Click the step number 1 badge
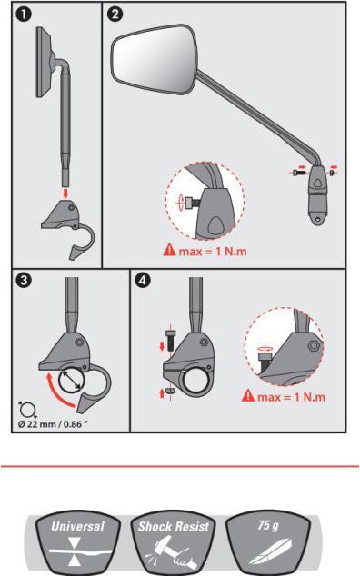(x=24, y=15)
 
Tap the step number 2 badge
(x=115, y=15)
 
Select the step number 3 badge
(x=24, y=281)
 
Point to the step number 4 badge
(x=143, y=281)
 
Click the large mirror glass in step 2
(x=155, y=60)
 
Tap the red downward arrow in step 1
(x=65, y=194)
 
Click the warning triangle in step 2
(x=169, y=250)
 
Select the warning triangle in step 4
(x=248, y=395)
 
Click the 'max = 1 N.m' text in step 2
(x=213, y=252)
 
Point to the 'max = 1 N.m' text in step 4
(x=291, y=397)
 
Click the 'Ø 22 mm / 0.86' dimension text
(x=53, y=424)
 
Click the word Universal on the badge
(x=77, y=526)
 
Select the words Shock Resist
(x=174, y=526)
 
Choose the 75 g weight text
(x=268, y=525)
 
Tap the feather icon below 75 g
(x=270, y=551)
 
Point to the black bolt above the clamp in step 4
(x=170, y=341)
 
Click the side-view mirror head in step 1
(x=44, y=62)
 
